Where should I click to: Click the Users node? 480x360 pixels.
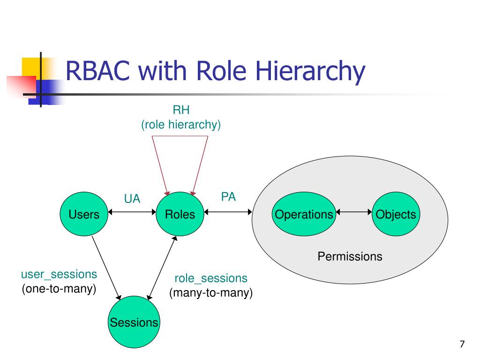click(84, 214)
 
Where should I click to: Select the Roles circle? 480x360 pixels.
click(180, 214)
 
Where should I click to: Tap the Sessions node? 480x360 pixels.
click(134, 322)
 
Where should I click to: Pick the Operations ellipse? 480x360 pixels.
click(304, 214)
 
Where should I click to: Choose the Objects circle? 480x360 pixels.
click(396, 214)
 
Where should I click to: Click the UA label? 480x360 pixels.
click(132, 199)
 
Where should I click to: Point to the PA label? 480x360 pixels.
click(228, 196)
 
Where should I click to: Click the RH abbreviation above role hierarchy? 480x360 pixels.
click(181, 110)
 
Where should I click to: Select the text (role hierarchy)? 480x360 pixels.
click(181, 125)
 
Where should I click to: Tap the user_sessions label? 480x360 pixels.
click(59, 274)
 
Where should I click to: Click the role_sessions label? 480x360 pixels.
click(211, 278)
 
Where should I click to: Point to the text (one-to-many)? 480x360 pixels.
click(59, 289)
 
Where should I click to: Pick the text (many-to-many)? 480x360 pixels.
click(211, 293)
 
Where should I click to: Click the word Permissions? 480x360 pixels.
click(350, 256)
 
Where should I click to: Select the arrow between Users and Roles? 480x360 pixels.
click(132, 212)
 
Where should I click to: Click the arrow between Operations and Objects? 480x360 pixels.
click(354, 212)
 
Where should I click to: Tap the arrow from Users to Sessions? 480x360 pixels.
click(106, 268)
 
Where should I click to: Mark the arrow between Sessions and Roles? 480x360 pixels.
click(162, 268)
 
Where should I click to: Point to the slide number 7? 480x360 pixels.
click(462, 344)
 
